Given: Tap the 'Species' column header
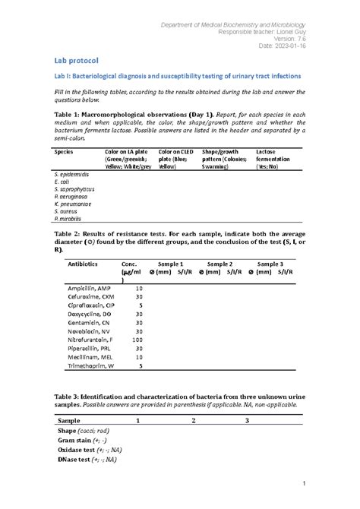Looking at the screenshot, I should click(65, 151).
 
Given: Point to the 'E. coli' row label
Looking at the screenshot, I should click(64, 182).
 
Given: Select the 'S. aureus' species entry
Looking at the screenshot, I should click(66, 210).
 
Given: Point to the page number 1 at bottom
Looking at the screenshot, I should click(302, 483).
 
